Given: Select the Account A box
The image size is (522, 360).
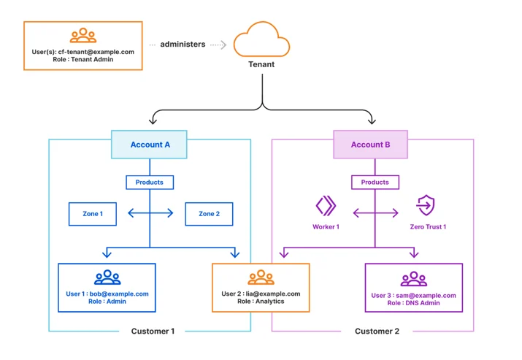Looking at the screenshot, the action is click(x=149, y=145).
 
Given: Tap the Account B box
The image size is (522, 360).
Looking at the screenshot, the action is click(x=371, y=145).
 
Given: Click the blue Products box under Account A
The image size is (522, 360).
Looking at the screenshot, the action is click(x=150, y=183).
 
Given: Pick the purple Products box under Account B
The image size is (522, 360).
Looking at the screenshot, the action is click(x=375, y=183).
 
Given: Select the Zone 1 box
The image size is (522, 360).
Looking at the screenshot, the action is click(x=93, y=214).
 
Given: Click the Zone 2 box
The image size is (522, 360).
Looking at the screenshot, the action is click(x=209, y=214).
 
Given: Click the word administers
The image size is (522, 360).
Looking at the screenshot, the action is click(x=183, y=45).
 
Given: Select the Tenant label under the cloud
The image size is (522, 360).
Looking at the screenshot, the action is click(x=261, y=64).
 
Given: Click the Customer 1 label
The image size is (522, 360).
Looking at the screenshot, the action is click(x=153, y=331).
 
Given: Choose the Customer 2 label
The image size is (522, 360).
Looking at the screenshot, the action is click(x=377, y=331).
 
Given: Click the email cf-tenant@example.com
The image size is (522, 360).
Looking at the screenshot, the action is click(x=96, y=52).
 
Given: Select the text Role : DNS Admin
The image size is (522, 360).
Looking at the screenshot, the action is click(x=413, y=303).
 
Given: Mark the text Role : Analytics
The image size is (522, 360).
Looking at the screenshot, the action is click(x=261, y=302).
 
